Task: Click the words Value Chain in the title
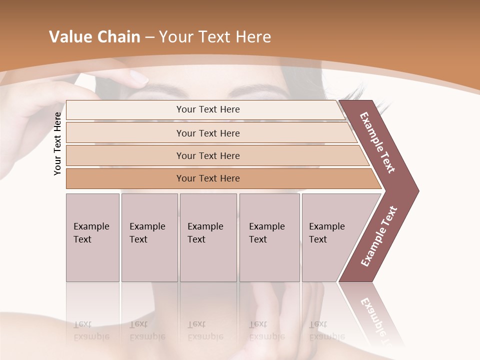point(94,37)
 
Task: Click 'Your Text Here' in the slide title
point(215,37)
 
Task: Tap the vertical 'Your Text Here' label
point(57,144)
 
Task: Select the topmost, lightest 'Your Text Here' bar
point(207,109)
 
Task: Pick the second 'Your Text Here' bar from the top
point(207,133)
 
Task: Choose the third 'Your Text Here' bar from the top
point(207,155)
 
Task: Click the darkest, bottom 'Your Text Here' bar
point(207,178)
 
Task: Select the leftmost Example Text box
point(92,237)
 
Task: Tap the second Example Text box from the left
point(149,237)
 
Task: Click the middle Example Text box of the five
point(208,237)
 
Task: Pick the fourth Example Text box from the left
point(269,237)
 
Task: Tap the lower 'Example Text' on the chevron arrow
point(379,236)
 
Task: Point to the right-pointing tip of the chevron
point(417,190)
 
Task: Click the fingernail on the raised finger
point(138,77)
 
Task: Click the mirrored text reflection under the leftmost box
point(91,330)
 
